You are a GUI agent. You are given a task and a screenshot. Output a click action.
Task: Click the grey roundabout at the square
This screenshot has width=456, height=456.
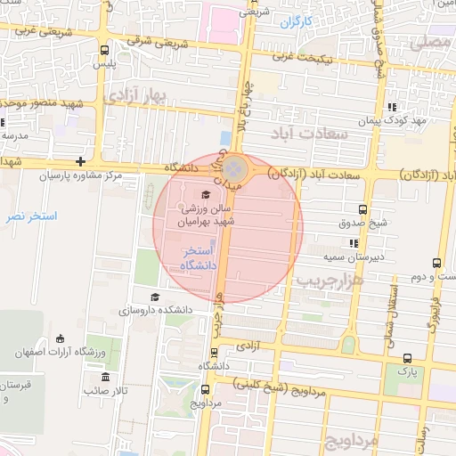tap(234, 167)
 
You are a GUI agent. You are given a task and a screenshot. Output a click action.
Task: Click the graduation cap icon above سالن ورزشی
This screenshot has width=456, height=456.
tap(206, 194)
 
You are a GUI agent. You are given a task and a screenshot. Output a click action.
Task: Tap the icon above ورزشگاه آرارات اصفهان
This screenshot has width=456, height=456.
tap(61, 338)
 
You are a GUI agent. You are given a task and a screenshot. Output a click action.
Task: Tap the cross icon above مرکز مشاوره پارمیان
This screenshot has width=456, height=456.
tap(81, 161)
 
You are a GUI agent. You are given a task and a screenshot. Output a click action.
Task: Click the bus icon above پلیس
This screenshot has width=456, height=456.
tap(105, 51)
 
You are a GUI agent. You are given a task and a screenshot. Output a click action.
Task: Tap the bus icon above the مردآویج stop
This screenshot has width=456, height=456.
tap(206, 389)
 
